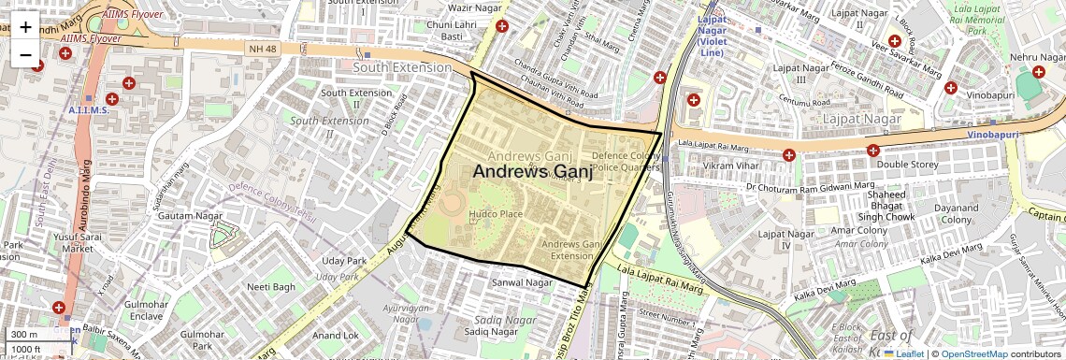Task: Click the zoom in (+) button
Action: click(25, 27)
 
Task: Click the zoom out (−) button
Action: click(25, 54)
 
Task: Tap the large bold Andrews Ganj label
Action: click(533, 172)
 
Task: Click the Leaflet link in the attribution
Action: click(902, 353)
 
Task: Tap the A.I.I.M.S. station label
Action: click(89, 110)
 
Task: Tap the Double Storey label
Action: click(906, 165)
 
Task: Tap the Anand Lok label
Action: click(336, 335)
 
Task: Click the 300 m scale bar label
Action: click(25, 335)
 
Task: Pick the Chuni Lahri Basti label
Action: click(453, 30)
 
